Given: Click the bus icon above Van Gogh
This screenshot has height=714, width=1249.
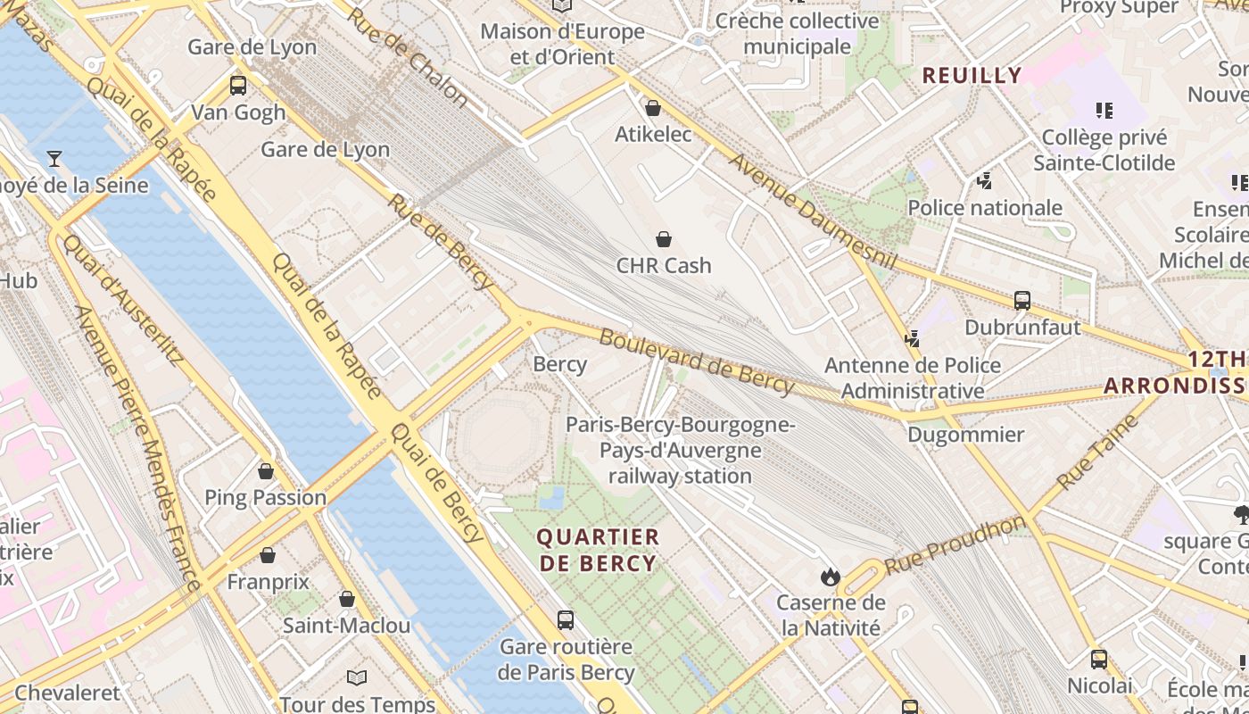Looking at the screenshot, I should coord(237,86).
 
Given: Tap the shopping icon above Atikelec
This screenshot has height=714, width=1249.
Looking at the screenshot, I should coord(653,108).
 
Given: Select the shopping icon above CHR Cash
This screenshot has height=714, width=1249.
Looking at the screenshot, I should coord(664,239).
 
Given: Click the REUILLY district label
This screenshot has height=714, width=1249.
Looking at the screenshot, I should coord(972,76).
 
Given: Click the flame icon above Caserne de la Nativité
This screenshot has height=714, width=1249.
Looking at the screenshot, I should coord(831,577).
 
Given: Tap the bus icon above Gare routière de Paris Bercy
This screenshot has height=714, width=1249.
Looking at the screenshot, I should coord(565,619).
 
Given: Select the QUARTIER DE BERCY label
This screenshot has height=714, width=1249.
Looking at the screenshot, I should coord(598,550).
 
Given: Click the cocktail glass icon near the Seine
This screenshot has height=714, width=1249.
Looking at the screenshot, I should coord(54,159).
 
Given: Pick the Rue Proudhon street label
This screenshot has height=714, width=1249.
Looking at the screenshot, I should coord(954,544).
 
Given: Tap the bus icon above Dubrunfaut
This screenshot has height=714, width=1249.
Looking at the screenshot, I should coord(1022,301).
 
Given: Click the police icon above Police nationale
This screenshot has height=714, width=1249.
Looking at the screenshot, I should coord(984,181).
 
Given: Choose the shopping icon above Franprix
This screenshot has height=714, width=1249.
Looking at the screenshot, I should coord(267,555).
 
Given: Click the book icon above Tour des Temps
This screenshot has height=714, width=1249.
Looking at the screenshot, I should coord(357,677).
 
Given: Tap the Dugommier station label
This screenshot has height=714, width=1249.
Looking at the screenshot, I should coord(965,435).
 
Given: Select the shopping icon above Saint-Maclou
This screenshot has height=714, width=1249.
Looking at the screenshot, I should coord(347,599).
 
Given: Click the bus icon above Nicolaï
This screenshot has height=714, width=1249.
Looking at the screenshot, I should coord(1099,660).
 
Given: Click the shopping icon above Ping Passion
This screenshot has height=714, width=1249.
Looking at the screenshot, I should coord(265,470).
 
